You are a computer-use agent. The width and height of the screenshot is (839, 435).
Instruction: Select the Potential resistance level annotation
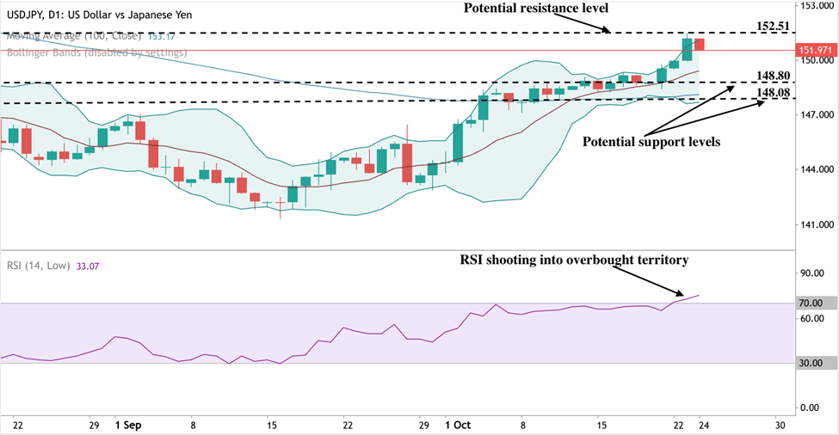tap(535, 8)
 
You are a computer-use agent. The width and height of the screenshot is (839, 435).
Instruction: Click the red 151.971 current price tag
tap(815, 51)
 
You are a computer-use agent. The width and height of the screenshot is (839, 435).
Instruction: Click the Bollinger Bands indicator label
tap(96, 52)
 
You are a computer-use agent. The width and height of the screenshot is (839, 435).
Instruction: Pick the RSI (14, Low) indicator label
tap(42, 267)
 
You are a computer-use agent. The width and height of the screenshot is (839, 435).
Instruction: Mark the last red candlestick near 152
tap(700, 44)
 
